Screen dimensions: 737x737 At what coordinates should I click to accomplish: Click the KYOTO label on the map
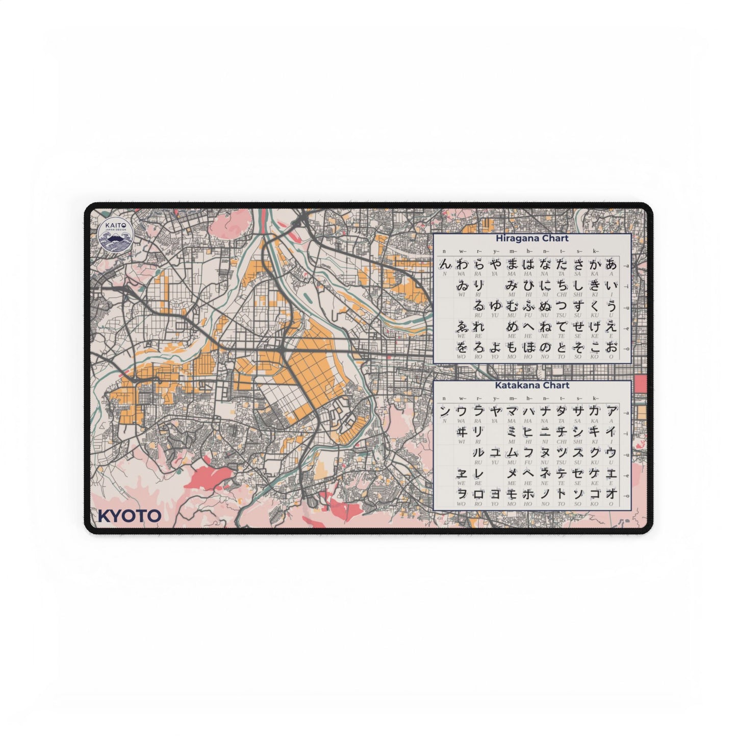(129, 516)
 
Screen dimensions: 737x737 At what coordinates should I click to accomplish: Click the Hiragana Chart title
(532, 238)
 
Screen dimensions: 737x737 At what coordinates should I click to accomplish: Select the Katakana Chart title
(532, 386)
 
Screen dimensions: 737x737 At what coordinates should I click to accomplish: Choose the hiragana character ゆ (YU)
(495, 306)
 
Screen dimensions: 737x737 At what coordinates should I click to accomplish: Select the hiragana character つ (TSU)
(561, 306)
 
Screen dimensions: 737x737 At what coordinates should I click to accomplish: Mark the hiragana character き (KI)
(594, 286)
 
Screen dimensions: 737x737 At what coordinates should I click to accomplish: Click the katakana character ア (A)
(611, 411)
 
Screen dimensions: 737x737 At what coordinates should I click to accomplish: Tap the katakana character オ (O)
(611, 494)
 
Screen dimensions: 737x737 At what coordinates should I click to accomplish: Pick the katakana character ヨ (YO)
(495, 494)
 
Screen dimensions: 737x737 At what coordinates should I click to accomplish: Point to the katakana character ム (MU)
(512, 452)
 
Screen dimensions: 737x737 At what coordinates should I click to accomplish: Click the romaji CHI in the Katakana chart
(562, 442)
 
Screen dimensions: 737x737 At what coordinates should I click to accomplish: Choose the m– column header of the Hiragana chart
(512, 251)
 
